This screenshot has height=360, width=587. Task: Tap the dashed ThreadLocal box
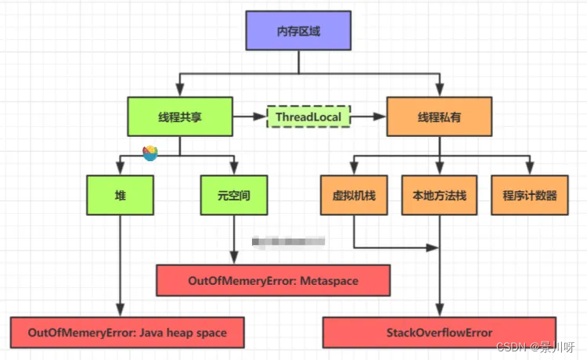(308, 117)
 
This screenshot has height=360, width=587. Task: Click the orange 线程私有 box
(438, 117)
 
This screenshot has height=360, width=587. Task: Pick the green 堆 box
(121, 195)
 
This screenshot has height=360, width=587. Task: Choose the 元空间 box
(233, 195)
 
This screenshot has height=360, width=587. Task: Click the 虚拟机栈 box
(354, 195)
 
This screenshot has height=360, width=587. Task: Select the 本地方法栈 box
(439, 195)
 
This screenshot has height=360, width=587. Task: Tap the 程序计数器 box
(531, 195)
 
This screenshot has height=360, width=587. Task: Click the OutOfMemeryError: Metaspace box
(272, 280)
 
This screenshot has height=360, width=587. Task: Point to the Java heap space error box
(126, 333)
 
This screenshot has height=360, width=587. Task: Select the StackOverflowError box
(439, 333)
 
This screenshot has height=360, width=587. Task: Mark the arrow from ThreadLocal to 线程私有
(369, 117)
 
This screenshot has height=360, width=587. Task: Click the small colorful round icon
(149, 153)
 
